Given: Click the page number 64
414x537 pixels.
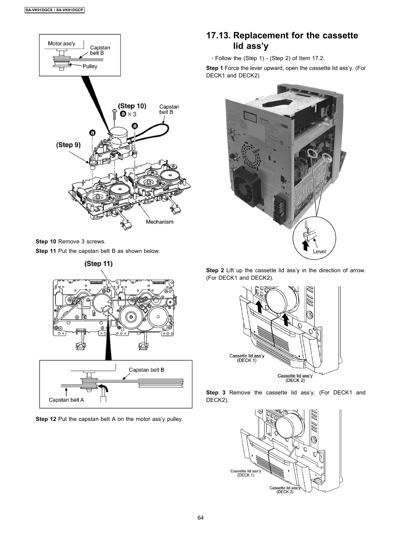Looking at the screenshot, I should [x=200, y=518].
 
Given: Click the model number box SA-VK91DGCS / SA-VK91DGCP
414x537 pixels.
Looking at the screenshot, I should [x=54, y=10].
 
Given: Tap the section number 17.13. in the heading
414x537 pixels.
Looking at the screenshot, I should [x=218, y=36].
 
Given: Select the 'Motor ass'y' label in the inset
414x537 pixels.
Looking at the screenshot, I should [x=61, y=43].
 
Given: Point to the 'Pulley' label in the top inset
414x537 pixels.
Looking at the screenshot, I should [x=90, y=67].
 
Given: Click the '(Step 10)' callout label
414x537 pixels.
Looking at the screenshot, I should [x=132, y=106].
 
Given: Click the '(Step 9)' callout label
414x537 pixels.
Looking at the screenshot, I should [x=68, y=145].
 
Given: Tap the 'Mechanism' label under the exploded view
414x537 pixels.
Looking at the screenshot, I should [x=159, y=222].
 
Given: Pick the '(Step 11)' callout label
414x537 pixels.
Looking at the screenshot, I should [x=98, y=264].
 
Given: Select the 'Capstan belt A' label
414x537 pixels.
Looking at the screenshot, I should [x=66, y=400].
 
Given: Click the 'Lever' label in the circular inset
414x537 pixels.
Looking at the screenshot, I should [x=320, y=252].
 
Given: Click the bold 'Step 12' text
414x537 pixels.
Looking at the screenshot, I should [x=46, y=419].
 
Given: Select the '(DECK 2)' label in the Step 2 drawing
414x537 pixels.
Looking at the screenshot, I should [x=295, y=381].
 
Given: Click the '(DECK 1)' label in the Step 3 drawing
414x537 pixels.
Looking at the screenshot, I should [x=246, y=475].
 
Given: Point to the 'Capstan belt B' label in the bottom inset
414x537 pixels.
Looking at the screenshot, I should [x=146, y=370].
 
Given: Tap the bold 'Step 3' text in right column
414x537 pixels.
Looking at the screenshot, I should [x=216, y=393].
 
